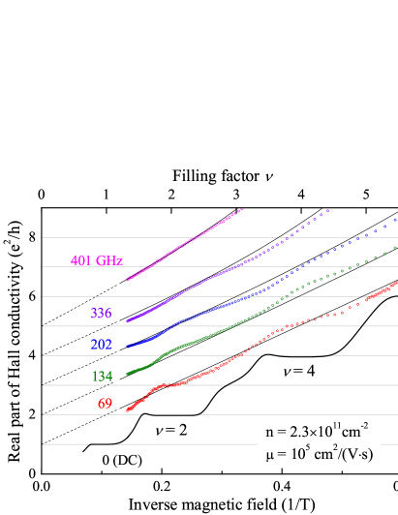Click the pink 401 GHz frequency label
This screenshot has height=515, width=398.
97,260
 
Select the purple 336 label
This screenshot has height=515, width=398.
101,314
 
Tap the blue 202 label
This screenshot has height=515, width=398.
101,345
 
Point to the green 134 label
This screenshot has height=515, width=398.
101,376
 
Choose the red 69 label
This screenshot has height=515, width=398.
105,404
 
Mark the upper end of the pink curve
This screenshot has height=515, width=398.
241,208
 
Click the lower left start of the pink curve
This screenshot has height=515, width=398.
128,279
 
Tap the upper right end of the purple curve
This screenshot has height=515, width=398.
328,209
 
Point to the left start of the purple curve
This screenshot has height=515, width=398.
128,319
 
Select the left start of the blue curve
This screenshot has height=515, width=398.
128,346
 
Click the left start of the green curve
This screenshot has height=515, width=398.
128,374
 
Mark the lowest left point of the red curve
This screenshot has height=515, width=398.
128,410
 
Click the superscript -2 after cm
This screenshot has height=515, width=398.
366,426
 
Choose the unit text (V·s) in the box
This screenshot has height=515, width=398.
355,456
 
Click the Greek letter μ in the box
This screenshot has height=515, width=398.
268,457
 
